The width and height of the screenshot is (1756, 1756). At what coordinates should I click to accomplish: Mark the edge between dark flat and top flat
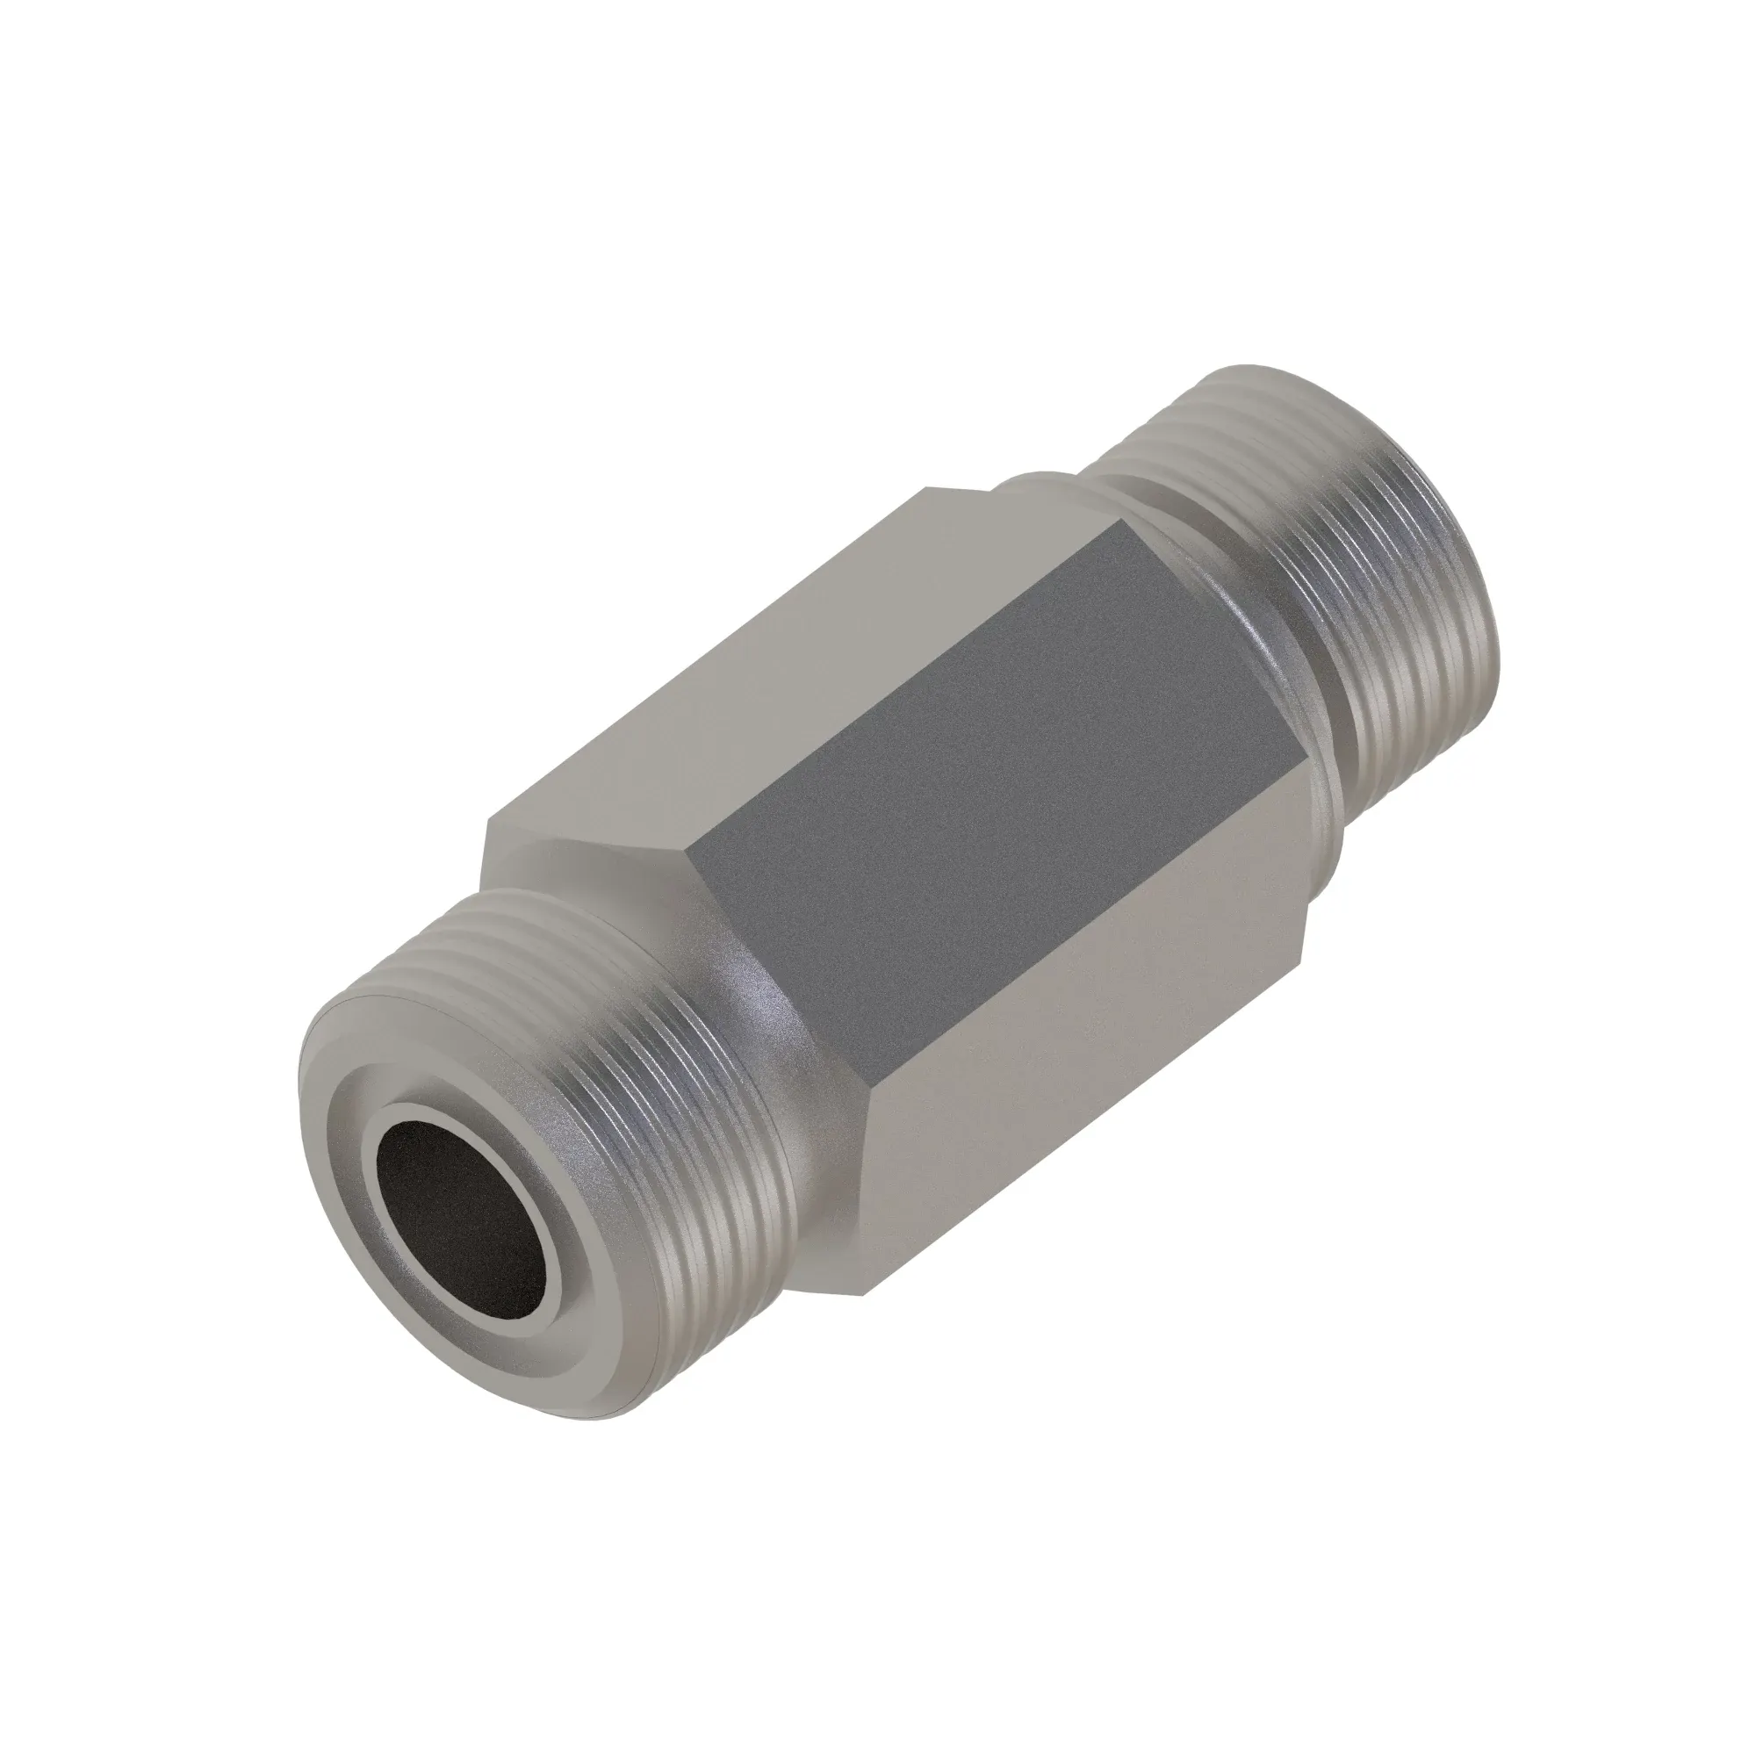click(909, 681)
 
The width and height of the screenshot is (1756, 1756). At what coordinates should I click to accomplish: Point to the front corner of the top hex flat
click(490, 823)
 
